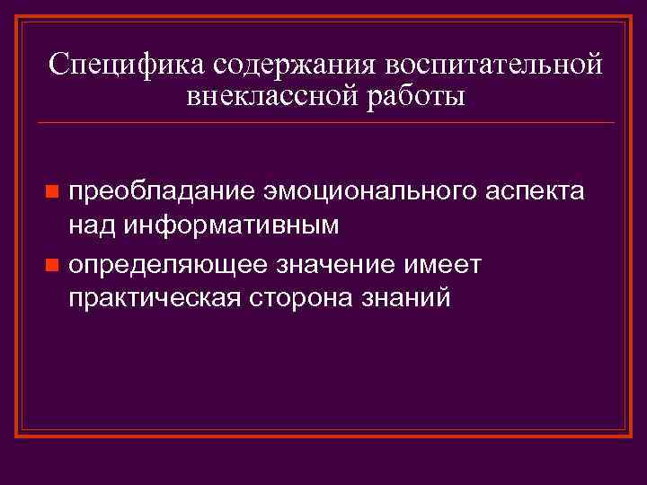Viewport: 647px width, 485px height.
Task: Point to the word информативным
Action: [232, 225]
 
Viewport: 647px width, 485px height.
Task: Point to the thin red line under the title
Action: [323, 122]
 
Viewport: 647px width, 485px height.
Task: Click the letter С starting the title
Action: [58, 66]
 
